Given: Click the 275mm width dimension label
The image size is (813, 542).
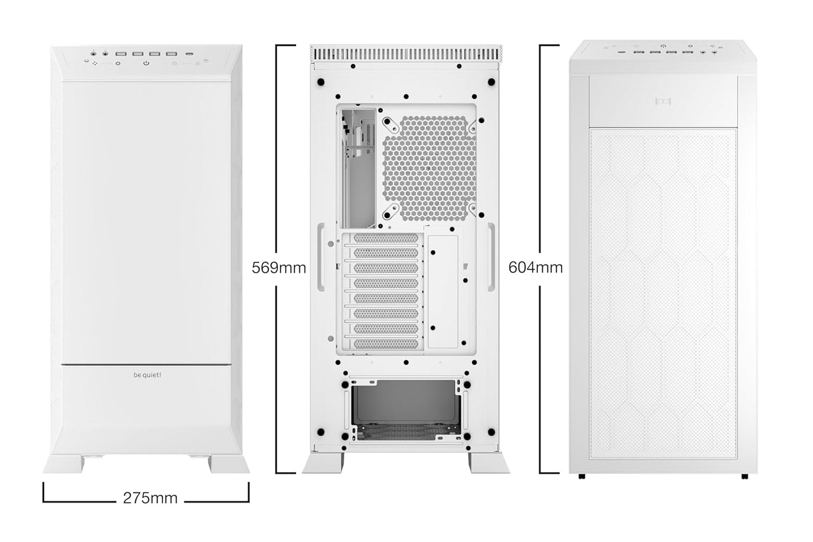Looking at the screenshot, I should (150, 498).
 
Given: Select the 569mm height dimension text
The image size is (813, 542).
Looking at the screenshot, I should (279, 267).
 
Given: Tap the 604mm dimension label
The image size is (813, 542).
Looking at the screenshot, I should (535, 267).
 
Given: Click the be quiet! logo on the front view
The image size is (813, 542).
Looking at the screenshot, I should (147, 375).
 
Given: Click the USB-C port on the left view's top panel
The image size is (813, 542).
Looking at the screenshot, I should (191, 54).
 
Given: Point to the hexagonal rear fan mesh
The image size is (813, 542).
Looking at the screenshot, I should (429, 167).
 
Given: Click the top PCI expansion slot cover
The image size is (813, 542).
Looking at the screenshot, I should (386, 239).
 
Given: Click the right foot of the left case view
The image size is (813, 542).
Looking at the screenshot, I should (228, 464).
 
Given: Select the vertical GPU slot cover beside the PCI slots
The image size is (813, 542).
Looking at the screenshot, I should (443, 291).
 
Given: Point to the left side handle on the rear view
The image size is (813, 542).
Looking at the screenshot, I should (321, 257).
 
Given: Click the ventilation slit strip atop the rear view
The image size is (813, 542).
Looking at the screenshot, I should (405, 55).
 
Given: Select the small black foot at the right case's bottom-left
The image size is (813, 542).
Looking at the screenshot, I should (582, 477).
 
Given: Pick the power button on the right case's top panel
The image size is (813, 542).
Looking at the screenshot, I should (664, 46).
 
